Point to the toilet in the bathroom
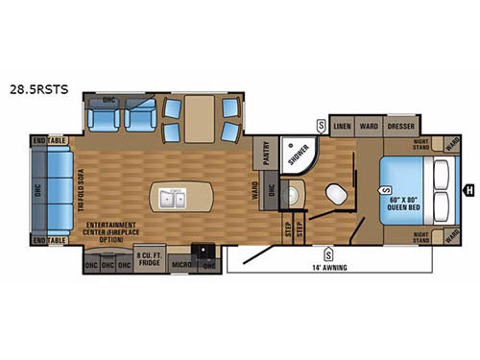[x=337, y=192]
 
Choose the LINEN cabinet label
[x=341, y=126]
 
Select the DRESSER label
[x=399, y=126]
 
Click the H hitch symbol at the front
[x=469, y=189]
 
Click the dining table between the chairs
[x=204, y=121]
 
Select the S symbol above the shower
[x=321, y=126]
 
